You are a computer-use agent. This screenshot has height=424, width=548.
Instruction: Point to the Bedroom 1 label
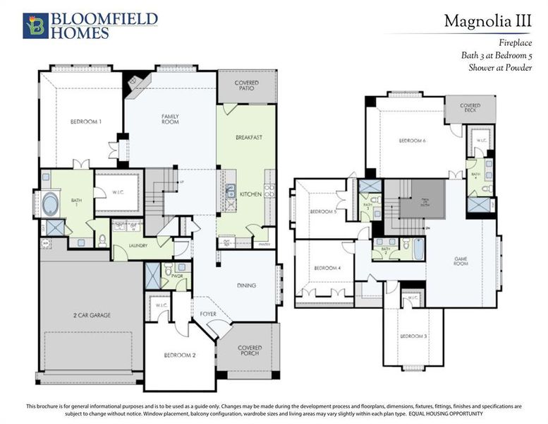(86, 122)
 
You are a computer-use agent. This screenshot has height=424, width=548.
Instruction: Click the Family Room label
(170, 119)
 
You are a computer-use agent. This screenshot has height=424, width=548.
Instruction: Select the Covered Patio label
(246, 86)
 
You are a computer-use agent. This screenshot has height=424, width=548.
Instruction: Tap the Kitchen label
(250, 194)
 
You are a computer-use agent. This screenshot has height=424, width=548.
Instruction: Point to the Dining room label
(246, 285)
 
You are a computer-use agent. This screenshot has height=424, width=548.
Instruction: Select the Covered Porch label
(250, 351)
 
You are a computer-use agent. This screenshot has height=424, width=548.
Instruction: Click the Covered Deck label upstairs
(470, 108)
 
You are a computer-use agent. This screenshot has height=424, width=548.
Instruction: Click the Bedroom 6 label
(413, 141)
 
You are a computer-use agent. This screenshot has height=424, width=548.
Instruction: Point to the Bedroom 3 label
(413, 336)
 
